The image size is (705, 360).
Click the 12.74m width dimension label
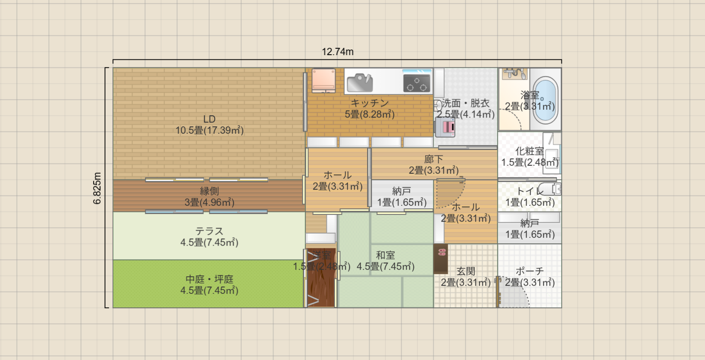point(338,52)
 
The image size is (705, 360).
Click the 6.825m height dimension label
point(97,188)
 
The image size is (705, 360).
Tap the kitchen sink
point(359,82)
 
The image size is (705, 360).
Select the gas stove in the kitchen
point(417,82)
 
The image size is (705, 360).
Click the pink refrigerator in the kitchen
point(323,80)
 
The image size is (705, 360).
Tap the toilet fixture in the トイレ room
point(549,189)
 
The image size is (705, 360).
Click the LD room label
point(209,120)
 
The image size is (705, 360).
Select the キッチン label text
point(370,103)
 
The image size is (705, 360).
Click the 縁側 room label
point(209,191)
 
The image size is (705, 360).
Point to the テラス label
point(209,231)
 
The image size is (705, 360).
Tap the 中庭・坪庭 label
point(209,279)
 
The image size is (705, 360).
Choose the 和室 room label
point(385,255)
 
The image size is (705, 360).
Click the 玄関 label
point(466,271)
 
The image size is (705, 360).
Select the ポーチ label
point(530,271)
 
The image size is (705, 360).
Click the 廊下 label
point(434,159)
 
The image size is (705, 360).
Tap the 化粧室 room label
point(530,151)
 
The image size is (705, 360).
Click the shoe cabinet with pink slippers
point(441,258)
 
